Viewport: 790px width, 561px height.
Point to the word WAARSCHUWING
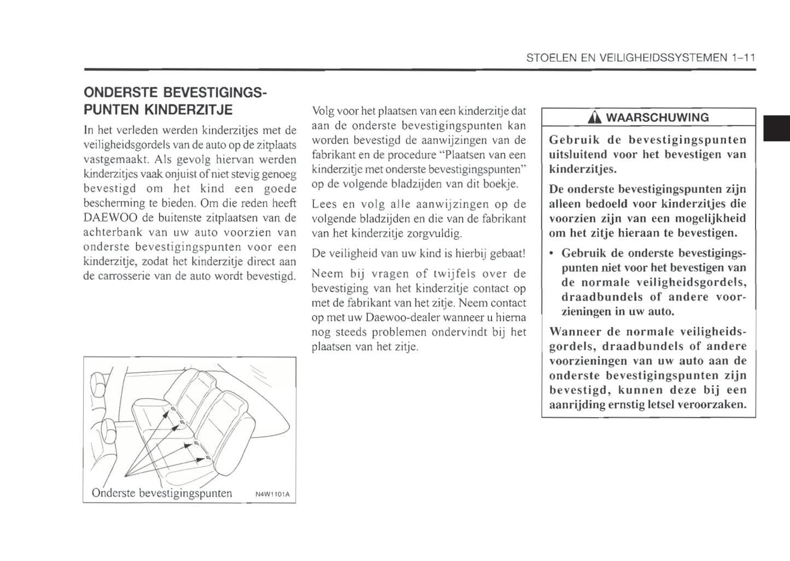pos(657,118)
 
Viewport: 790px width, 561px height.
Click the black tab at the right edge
pos(776,128)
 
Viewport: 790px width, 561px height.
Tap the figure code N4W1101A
pos(272,495)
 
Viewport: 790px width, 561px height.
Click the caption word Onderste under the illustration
pos(113,493)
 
